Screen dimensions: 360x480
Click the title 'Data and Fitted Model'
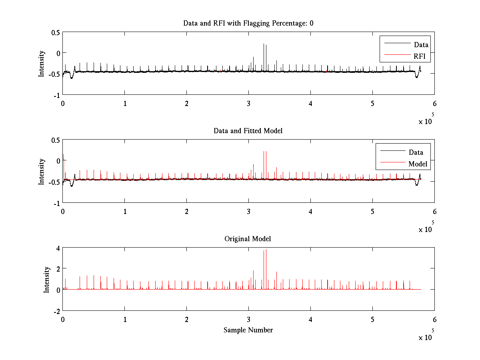(248, 131)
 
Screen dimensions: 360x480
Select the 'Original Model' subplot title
(248, 239)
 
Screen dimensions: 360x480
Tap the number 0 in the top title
(311, 23)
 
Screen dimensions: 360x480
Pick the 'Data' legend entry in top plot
(421, 45)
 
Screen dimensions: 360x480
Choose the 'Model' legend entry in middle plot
(418, 164)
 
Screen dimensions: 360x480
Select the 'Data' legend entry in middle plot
(416, 152)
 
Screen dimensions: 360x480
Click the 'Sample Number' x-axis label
(248, 330)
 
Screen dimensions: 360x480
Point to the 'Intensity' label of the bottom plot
(47, 279)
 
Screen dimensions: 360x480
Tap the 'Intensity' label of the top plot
(42, 63)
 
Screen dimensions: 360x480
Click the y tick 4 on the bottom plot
(58, 248)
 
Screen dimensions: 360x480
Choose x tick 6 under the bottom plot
(434, 319)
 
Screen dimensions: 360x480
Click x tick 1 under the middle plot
(125, 211)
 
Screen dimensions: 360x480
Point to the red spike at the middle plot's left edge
(63, 157)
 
